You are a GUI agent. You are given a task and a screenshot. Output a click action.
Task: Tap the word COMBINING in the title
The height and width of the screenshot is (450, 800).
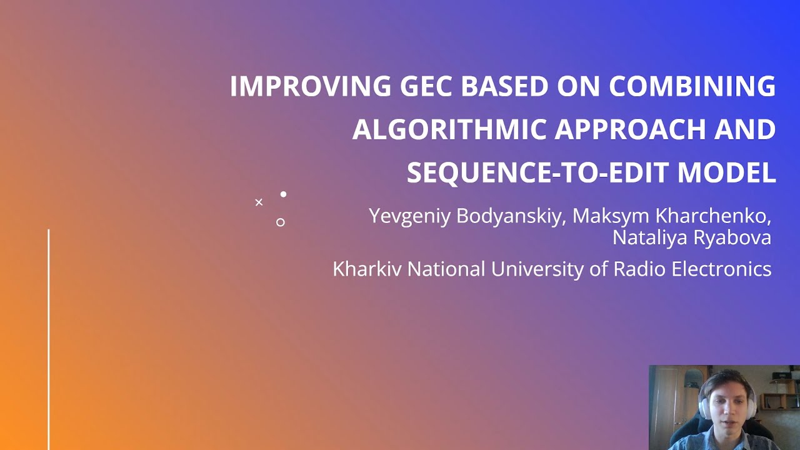[692, 86]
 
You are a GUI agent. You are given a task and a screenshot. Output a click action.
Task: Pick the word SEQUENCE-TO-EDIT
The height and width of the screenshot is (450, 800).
[537, 172]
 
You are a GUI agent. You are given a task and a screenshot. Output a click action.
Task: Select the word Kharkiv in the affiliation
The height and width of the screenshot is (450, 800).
[367, 269]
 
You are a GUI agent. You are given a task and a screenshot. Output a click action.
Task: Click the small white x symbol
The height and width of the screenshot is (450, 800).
[259, 202]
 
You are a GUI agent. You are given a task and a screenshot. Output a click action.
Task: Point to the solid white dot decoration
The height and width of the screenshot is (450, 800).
[283, 194]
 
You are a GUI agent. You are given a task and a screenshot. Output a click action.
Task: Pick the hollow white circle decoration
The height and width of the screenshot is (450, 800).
[280, 222]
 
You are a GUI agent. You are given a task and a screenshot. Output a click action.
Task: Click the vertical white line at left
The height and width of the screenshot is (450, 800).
[49, 337]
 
